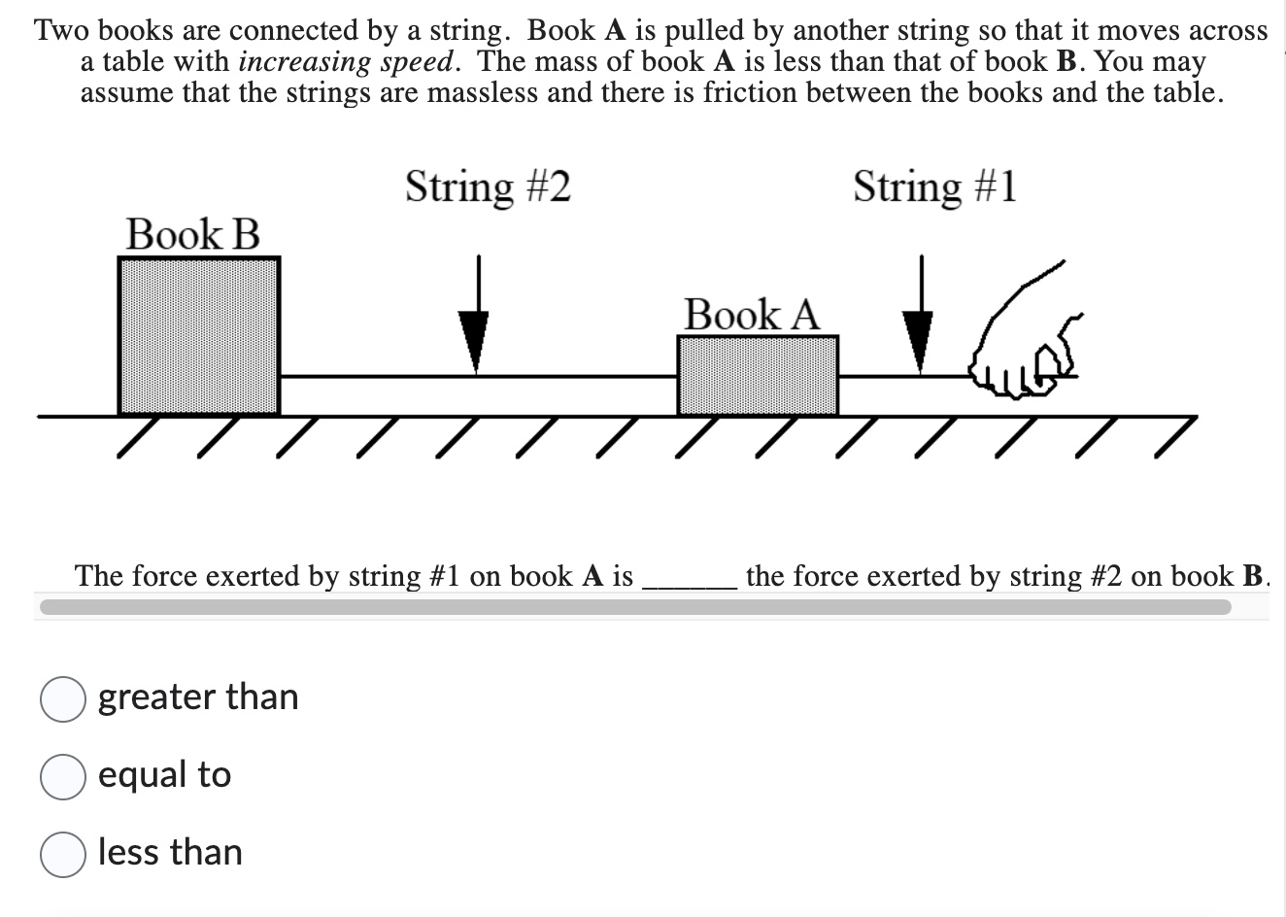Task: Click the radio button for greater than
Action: click(62, 699)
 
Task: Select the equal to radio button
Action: click(62, 777)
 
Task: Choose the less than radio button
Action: click(62, 855)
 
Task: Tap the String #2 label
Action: click(488, 186)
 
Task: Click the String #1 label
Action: click(934, 186)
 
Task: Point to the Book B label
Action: click(192, 234)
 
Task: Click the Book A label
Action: click(751, 315)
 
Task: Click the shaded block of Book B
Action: click(199, 335)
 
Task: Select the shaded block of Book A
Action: click(758, 375)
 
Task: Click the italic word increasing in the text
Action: click(293, 62)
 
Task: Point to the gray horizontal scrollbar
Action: click(633, 607)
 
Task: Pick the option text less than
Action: click(170, 852)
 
